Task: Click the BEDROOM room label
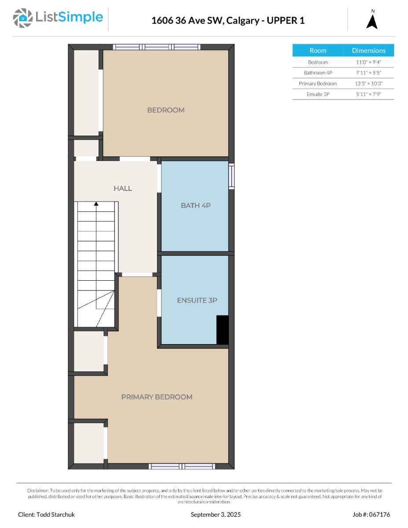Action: (x=166, y=110)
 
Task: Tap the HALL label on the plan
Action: (x=123, y=188)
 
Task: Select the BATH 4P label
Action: (x=195, y=205)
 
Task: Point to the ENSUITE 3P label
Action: (x=197, y=301)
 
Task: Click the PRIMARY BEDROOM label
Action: (x=157, y=397)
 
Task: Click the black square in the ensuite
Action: (x=222, y=330)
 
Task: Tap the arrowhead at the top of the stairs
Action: (x=96, y=204)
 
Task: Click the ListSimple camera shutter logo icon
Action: (x=22, y=18)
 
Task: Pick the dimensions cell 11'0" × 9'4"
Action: (x=368, y=62)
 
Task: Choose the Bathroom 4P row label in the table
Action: (x=318, y=73)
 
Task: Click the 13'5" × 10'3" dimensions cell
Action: (x=368, y=83)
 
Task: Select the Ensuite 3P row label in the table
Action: (x=318, y=94)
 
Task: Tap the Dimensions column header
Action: (x=369, y=51)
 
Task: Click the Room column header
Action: (x=318, y=51)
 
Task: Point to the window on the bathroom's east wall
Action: (x=232, y=176)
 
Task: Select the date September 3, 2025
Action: (x=216, y=514)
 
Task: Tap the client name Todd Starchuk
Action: (x=55, y=514)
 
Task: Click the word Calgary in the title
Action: (x=243, y=21)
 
